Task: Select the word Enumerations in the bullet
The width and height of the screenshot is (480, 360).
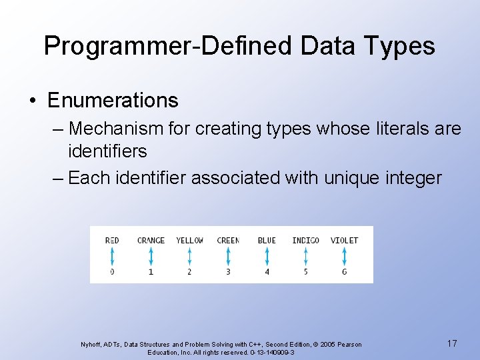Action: (113, 101)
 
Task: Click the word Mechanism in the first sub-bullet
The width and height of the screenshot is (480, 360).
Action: (116, 128)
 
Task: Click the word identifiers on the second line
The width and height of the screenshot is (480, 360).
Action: (107, 151)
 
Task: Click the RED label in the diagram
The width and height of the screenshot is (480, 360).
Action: (112, 240)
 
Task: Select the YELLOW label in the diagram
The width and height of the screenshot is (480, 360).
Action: (189, 240)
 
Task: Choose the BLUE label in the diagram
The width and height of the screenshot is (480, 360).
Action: (267, 240)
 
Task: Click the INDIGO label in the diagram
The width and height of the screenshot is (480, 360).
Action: (305, 240)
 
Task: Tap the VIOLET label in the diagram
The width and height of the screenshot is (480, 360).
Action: (344, 240)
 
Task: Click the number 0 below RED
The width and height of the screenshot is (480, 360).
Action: (112, 272)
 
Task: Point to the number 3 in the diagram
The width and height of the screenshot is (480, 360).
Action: (228, 272)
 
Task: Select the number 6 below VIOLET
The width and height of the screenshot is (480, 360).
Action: (344, 272)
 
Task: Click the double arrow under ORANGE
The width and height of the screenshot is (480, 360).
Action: (151, 256)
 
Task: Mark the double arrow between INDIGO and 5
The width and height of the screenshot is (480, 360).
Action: (305, 256)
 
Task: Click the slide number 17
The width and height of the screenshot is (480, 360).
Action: (452, 343)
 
